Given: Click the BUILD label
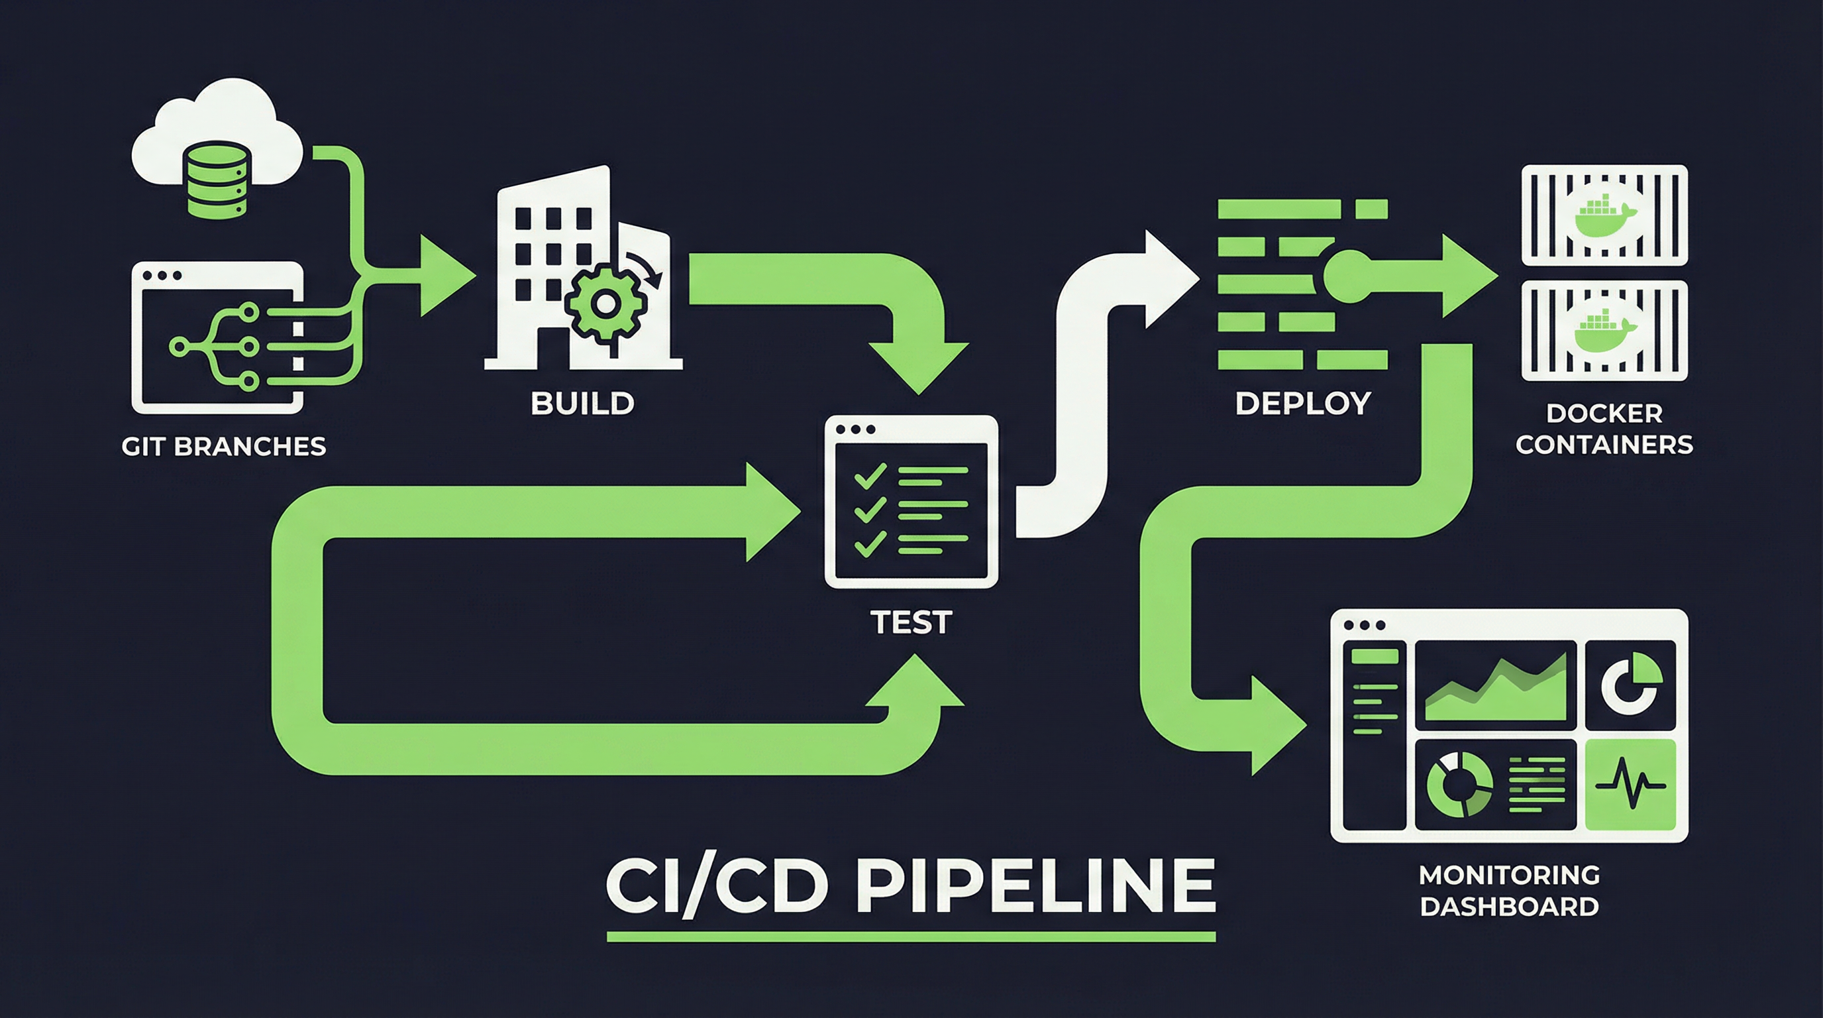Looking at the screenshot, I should click(582, 404).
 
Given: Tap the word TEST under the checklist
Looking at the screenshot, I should click(911, 622).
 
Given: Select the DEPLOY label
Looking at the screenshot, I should click(1303, 404).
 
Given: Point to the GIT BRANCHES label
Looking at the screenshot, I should click(224, 447).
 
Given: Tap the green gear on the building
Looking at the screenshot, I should click(605, 303).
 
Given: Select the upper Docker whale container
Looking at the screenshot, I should click(1604, 215).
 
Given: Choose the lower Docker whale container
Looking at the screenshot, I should click(1604, 331).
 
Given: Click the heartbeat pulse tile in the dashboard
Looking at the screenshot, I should click(1630, 785).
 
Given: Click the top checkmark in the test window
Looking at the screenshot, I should click(870, 476).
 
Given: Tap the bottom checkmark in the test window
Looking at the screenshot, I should click(870, 542).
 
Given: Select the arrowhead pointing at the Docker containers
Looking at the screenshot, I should click(1469, 276).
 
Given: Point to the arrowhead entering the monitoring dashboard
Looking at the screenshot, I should click(1274, 726).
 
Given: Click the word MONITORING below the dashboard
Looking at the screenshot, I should click(1509, 876).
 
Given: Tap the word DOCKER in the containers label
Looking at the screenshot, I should click(1604, 414).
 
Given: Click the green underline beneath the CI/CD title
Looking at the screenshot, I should click(911, 937).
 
